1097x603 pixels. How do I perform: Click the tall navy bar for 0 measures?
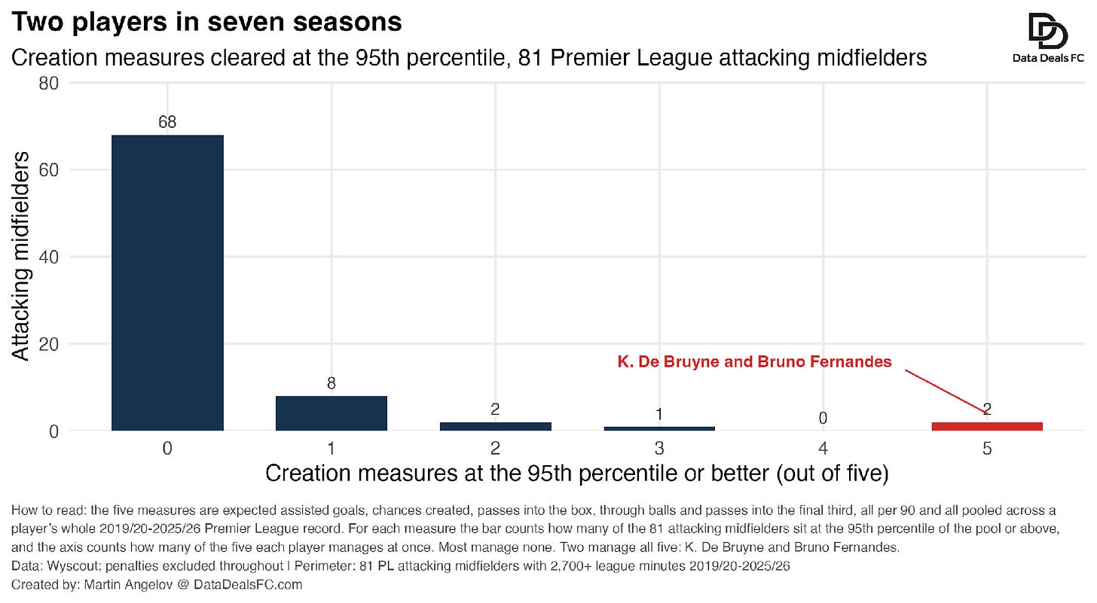pos(167,283)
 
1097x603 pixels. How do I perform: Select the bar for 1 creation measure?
pos(332,413)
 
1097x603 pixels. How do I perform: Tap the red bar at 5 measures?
pos(987,426)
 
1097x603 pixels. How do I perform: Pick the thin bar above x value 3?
pos(659,429)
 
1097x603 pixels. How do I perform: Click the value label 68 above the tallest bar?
pos(167,122)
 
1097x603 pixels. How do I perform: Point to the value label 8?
pos(332,383)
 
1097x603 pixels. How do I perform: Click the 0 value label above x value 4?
pos(823,418)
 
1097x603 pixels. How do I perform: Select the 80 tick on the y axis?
pos(48,84)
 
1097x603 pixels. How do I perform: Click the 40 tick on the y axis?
pos(48,257)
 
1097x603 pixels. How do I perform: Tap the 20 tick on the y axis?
pos(48,344)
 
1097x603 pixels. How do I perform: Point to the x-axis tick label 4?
pos(823,449)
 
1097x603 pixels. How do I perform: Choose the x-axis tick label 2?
pos(495,449)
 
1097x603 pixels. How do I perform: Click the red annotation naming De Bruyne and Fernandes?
pos(755,361)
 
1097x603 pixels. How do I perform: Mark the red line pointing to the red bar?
pos(945,391)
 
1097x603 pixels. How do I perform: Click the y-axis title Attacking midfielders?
pos(20,256)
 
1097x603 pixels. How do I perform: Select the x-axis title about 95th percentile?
pos(577,474)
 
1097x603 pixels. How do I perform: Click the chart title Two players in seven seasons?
pos(206,22)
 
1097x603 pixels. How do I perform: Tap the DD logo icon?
pos(1048,31)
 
